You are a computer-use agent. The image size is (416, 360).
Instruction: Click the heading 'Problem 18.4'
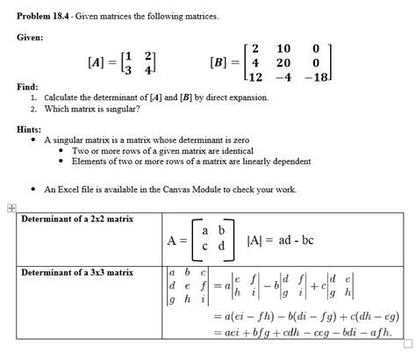tap(47, 16)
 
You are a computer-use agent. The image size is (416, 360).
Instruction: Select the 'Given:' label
tap(32, 38)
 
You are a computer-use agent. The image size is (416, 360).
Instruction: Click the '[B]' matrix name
tap(220, 63)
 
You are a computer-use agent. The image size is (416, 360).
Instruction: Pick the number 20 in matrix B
tap(283, 62)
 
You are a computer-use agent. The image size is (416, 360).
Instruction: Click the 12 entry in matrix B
tap(255, 77)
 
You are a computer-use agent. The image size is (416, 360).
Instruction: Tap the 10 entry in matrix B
tap(283, 47)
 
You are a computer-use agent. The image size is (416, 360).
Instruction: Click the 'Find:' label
tap(28, 88)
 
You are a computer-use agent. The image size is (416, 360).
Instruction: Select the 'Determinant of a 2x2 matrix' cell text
tap(78, 219)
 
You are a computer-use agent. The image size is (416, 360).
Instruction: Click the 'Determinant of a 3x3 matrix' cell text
tap(78, 272)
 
